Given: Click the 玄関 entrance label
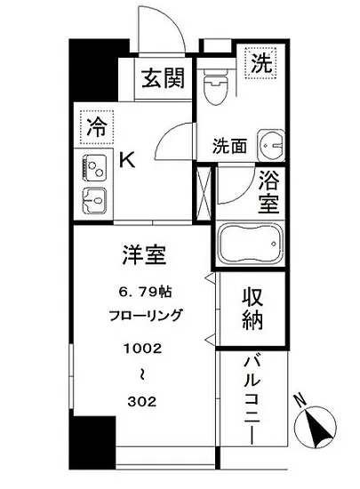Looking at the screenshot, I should click(x=163, y=80).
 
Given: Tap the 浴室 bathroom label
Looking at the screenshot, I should click(x=268, y=194).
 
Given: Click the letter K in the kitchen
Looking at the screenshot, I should click(x=127, y=160).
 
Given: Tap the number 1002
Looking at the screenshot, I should click(x=140, y=349).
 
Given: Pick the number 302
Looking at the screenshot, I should click(x=140, y=399).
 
